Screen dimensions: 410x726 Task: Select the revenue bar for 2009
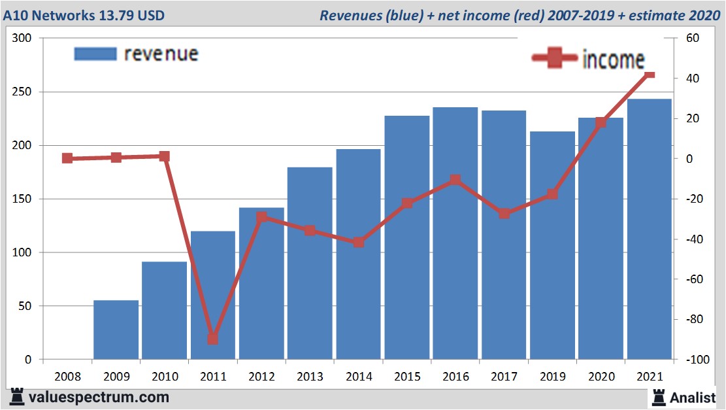coord(116,330)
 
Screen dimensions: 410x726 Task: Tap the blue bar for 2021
coord(649,229)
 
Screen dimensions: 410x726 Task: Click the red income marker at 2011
coord(213,339)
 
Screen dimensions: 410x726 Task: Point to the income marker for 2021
coord(649,75)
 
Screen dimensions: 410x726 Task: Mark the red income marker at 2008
coord(67,158)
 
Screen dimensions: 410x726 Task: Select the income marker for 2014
coord(358,242)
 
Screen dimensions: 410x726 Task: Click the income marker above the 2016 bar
coord(455,180)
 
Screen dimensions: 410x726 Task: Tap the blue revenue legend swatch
coord(95,54)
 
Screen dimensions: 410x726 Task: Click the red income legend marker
coord(555,59)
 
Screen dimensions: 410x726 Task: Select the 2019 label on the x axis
coord(552,377)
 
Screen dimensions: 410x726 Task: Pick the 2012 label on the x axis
coord(261,377)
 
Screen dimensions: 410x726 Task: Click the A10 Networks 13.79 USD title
coord(83,15)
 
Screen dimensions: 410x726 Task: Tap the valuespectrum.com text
coord(99,397)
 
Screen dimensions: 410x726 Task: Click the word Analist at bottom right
coord(693,397)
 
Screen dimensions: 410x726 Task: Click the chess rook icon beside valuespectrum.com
coord(17,397)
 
